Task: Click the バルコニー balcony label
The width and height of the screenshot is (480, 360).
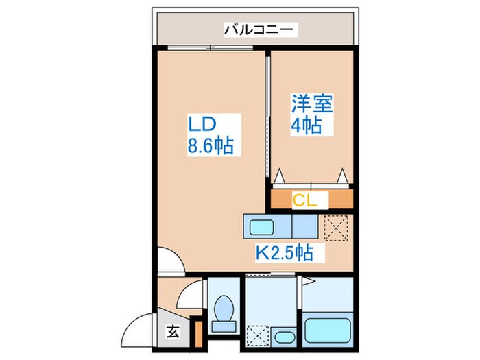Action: tap(259, 30)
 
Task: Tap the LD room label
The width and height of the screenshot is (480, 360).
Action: tap(203, 124)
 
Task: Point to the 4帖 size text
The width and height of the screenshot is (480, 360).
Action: tap(306, 126)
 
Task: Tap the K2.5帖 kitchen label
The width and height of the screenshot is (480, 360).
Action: tap(285, 253)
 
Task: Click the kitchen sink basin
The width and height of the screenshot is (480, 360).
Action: tap(261, 226)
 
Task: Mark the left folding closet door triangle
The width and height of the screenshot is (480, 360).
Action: tap(279, 176)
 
